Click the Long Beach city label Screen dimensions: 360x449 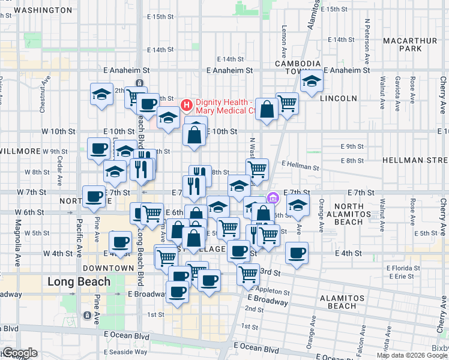[x=79, y=281]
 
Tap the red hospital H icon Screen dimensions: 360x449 [x=186, y=106]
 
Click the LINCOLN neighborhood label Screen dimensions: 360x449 [x=339, y=98]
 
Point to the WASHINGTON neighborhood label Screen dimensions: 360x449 [x=41, y=10]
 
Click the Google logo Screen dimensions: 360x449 [x=20, y=353]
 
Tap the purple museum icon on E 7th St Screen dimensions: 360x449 [x=273, y=197]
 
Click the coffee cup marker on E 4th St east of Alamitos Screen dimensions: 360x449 [x=297, y=253]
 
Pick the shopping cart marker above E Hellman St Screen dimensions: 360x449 [x=258, y=169]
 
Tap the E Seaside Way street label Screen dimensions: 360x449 [x=126, y=352]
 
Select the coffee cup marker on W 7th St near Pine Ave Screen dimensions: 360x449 [x=93, y=196]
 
